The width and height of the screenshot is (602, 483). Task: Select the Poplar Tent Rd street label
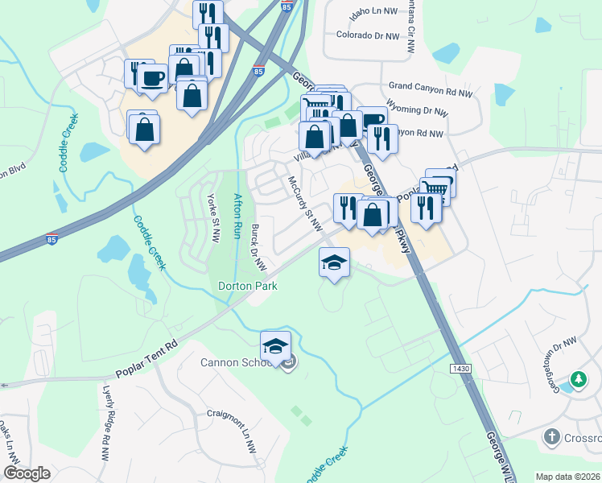[146, 359]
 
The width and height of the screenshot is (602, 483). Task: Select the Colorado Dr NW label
[367, 36]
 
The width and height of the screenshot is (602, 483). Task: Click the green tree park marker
[577, 378]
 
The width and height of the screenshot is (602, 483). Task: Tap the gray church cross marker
[551, 437]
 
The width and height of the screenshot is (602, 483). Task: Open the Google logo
[27, 473]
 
